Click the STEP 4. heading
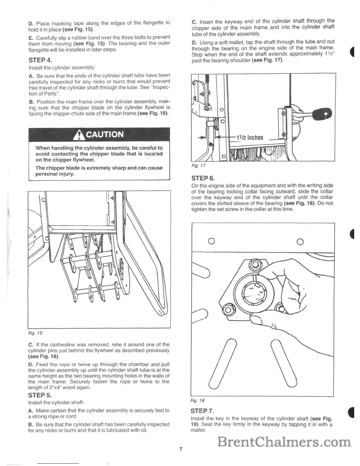[x=40, y=60]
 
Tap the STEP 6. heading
[x=203, y=178]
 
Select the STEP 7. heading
[x=202, y=411]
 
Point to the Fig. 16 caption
[x=35, y=333]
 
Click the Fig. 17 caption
[x=198, y=166]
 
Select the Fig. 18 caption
[x=197, y=400]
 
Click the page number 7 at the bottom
[x=181, y=449]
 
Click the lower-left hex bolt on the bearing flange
[x=227, y=310]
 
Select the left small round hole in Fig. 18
[x=211, y=242]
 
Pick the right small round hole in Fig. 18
[x=300, y=242]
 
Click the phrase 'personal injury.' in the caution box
[x=55, y=174]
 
